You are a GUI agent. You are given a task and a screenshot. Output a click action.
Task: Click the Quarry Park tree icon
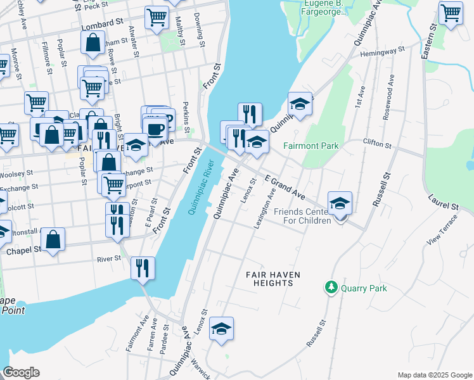330,288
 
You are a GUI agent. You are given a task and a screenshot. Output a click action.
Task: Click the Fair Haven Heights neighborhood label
272,279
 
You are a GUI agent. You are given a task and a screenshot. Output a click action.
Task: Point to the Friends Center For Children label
304,216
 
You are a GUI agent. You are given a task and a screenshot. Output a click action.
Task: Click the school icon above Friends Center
340,203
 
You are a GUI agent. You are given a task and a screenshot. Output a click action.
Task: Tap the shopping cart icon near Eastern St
451,12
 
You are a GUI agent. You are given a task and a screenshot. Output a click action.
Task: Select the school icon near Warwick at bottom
221,329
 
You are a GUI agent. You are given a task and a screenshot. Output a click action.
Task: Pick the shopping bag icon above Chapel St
53,239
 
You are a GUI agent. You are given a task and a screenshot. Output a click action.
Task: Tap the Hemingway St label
382,52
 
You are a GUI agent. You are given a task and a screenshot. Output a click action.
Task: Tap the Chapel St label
23,250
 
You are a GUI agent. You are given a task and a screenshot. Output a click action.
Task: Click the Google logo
21,372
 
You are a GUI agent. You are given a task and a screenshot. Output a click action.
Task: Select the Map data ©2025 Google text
434,375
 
